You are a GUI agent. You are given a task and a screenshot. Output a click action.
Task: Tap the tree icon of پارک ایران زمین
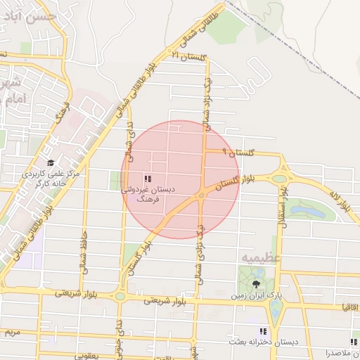tap(255, 285)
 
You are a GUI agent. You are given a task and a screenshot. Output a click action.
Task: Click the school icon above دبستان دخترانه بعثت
tap(263, 331)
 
